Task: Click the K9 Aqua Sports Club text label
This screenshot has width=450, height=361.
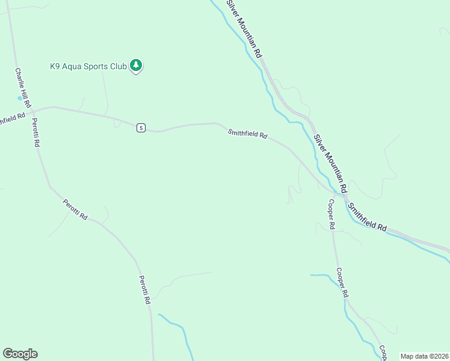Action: (88, 66)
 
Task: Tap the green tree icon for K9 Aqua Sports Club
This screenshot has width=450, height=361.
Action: (137, 65)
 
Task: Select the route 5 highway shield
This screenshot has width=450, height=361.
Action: (140, 128)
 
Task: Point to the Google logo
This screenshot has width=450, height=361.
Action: (20, 354)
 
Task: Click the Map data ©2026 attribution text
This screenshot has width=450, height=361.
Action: (424, 356)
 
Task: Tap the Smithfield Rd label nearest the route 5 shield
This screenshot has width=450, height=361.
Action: (247, 134)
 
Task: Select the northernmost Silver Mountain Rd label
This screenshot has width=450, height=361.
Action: (244, 28)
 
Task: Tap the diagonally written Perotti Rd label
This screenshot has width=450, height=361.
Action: (75, 209)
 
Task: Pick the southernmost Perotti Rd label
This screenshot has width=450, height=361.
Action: (144, 289)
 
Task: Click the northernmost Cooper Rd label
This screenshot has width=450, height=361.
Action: (331, 214)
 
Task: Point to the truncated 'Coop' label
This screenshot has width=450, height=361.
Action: (382, 353)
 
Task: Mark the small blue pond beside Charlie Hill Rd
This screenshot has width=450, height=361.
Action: (20, 97)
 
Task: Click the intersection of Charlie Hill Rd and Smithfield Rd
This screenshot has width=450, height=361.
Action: (33, 111)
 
